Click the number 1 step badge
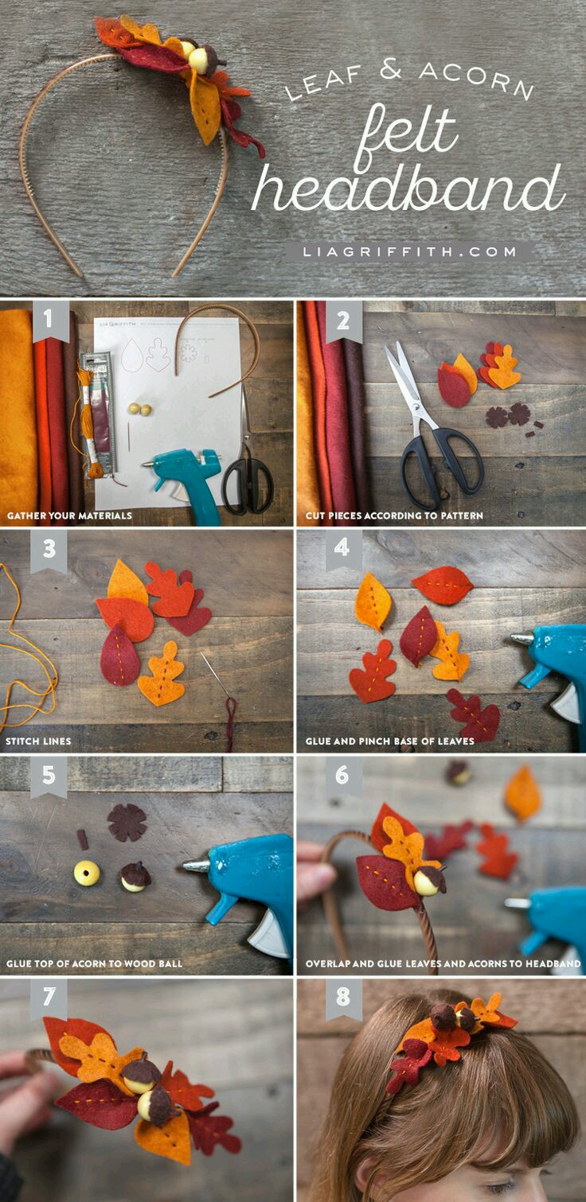pos(49,321)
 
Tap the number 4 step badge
pos(342,548)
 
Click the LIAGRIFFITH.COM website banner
pos(410,251)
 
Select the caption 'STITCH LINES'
pos(38,741)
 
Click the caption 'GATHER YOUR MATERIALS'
pos(69,515)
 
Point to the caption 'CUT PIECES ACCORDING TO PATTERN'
pos(394,515)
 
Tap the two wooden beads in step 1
pos(139,410)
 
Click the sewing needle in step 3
pos(216,675)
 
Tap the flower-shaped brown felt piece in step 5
pos(127,822)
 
